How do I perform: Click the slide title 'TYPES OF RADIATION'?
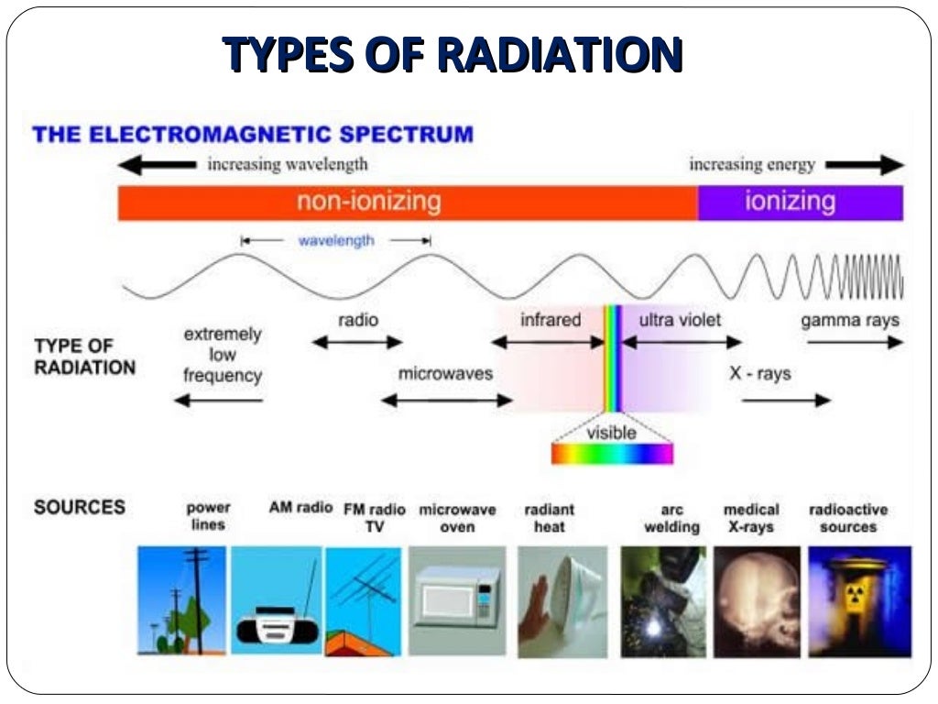[x=453, y=55]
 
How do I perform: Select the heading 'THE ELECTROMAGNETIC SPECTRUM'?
[x=253, y=135]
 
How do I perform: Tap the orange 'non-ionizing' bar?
[x=408, y=202]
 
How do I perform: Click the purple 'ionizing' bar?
[x=800, y=202]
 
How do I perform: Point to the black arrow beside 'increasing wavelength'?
[x=158, y=165]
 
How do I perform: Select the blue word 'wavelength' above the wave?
[x=335, y=240]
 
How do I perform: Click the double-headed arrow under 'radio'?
[x=357, y=343]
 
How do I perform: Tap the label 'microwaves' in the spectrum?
[x=445, y=374]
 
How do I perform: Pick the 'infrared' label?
[x=551, y=320]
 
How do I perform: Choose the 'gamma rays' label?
[x=849, y=321]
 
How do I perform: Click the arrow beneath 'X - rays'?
[x=785, y=400]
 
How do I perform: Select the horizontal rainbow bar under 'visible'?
[x=612, y=454]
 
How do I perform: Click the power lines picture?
[x=181, y=600]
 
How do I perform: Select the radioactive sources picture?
[x=859, y=600]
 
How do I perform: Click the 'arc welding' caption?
[x=671, y=519]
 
